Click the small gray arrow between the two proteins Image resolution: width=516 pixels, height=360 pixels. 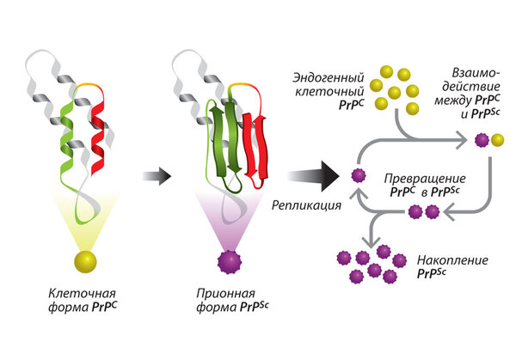pyautogui.click(x=156, y=176)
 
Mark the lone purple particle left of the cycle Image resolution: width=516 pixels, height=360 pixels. pyautogui.click(x=359, y=176)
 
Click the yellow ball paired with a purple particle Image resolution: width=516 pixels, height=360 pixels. pyautogui.click(x=497, y=139)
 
